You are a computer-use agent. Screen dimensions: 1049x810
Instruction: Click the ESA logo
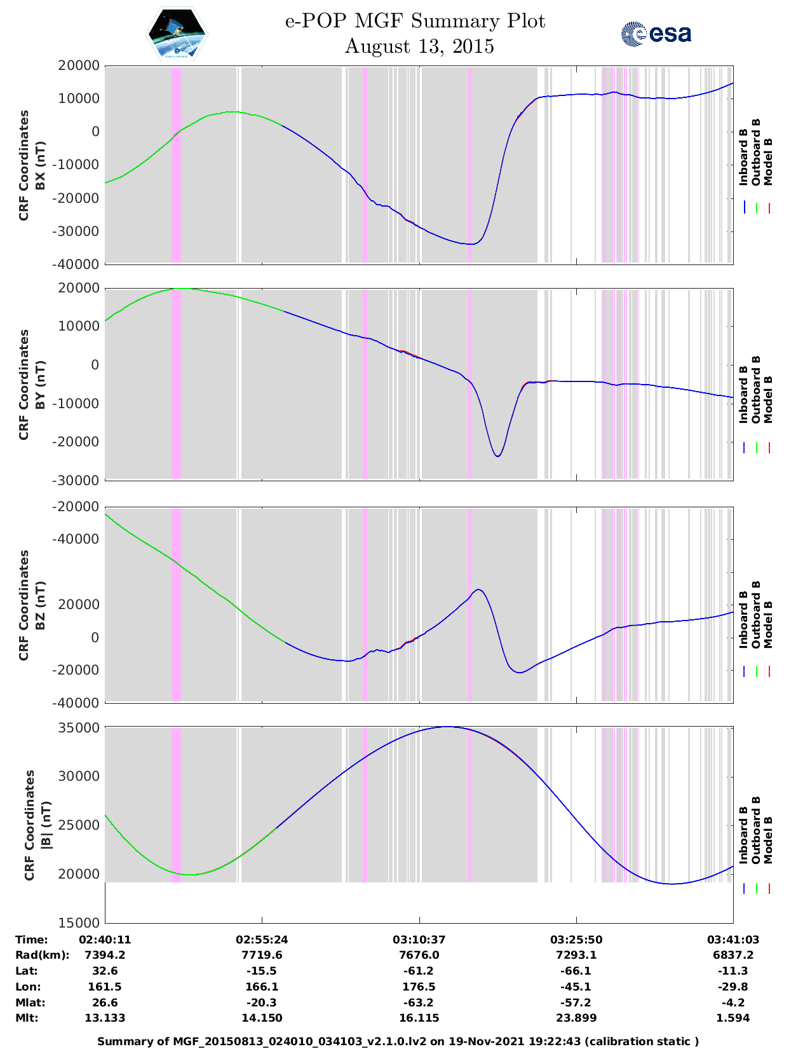656,34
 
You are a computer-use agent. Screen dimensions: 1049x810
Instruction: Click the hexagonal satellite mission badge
177,34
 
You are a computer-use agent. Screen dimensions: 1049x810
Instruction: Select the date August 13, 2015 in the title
419,46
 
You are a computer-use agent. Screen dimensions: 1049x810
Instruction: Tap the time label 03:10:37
419,940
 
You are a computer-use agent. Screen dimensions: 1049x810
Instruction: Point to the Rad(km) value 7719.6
262,955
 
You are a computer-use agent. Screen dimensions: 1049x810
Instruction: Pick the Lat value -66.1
576,971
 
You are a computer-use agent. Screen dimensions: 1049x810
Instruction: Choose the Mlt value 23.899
576,1018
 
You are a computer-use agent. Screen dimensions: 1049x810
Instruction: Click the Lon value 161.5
105,987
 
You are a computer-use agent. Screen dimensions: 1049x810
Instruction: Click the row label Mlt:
27,1018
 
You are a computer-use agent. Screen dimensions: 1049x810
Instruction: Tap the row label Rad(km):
43,955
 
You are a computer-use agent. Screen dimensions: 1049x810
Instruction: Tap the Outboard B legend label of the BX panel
756,153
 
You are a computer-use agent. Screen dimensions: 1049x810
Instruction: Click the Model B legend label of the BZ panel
768,624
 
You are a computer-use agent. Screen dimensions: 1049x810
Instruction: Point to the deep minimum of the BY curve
497,456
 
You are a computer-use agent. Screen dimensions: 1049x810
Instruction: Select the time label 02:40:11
105,940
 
